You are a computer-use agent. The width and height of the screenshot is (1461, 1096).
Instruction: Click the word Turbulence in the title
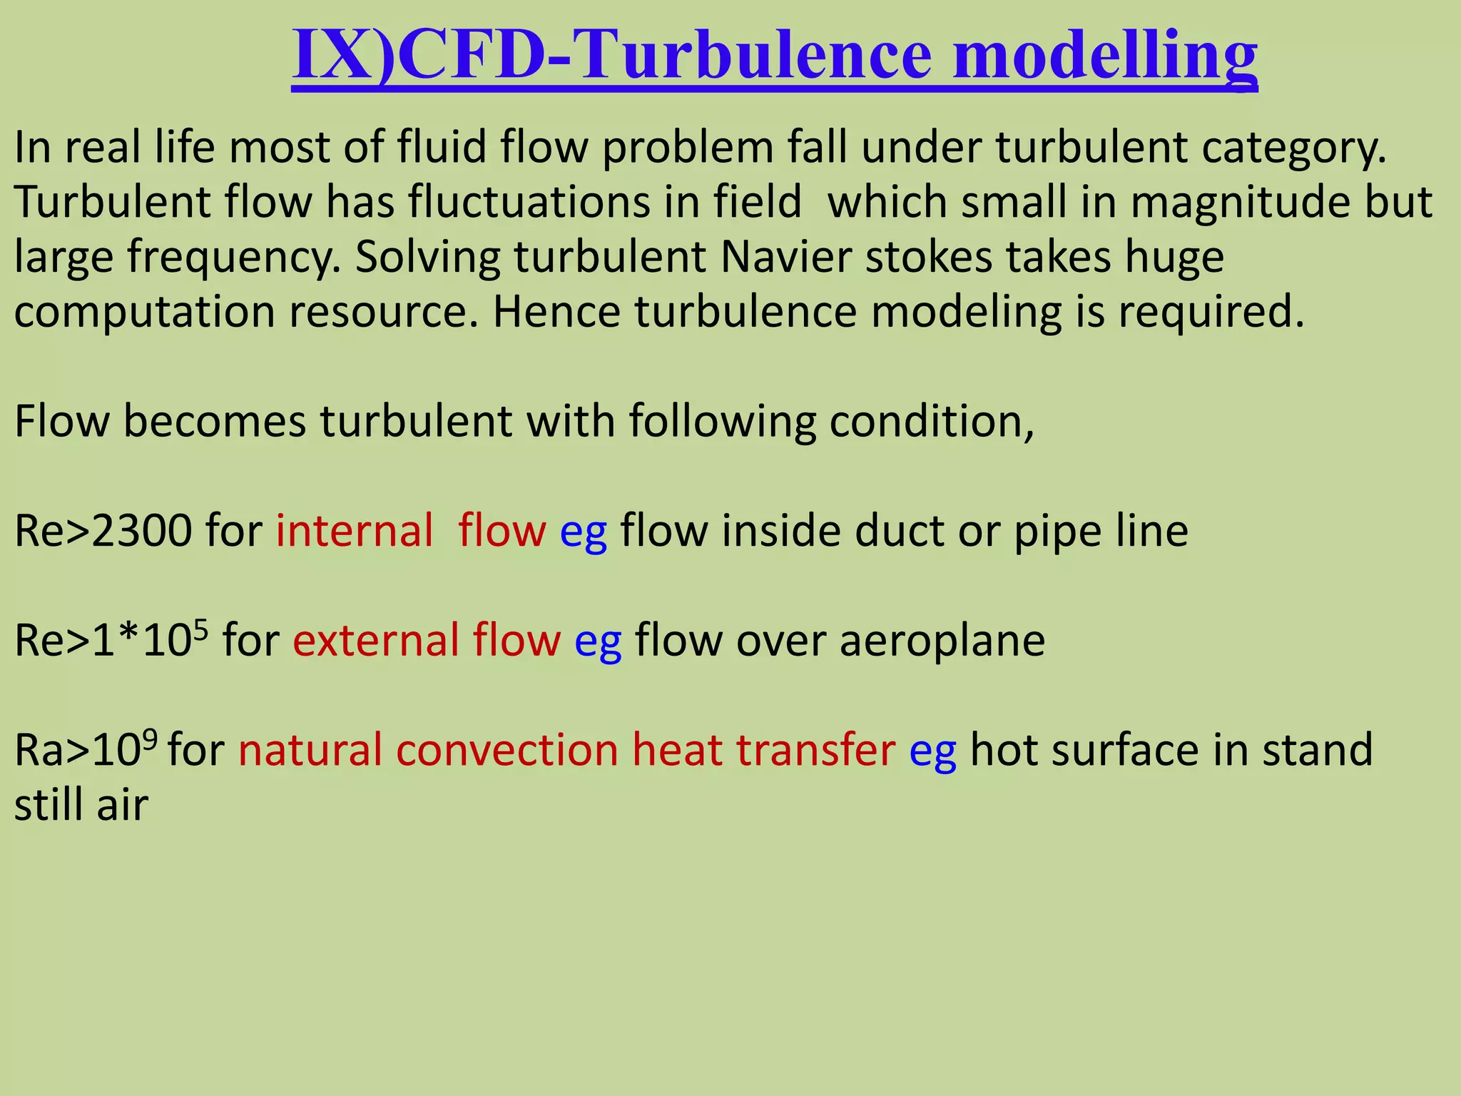[752, 54]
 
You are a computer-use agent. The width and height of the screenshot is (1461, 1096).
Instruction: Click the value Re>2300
[103, 531]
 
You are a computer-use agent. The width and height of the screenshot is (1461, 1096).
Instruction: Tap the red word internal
[355, 531]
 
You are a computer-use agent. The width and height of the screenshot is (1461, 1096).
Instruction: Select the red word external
[375, 640]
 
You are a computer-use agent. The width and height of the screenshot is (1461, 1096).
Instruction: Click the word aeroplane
[942, 640]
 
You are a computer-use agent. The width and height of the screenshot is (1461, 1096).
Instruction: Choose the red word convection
[506, 750]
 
